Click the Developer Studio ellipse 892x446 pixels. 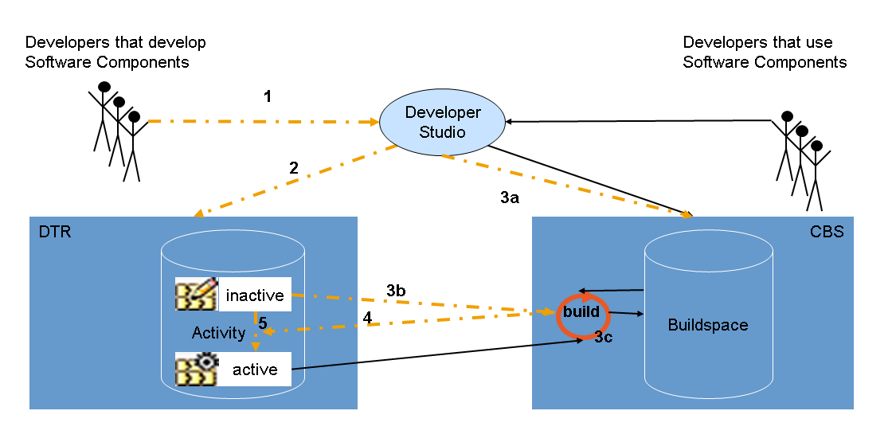(442, 122)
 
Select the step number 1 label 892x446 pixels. (268, 96)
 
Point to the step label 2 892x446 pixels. (294, 168)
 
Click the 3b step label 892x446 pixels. (396, 291)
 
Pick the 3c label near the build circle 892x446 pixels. (604, 338)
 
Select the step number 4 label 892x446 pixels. (367, 318)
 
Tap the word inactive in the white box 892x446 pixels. (255, 295)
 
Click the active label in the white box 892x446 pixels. (255, 370)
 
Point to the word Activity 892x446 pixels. (218, 333)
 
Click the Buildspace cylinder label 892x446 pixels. (708, 325)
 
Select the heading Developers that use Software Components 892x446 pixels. (765, 52)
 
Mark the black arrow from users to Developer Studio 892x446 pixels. (637, 121)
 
